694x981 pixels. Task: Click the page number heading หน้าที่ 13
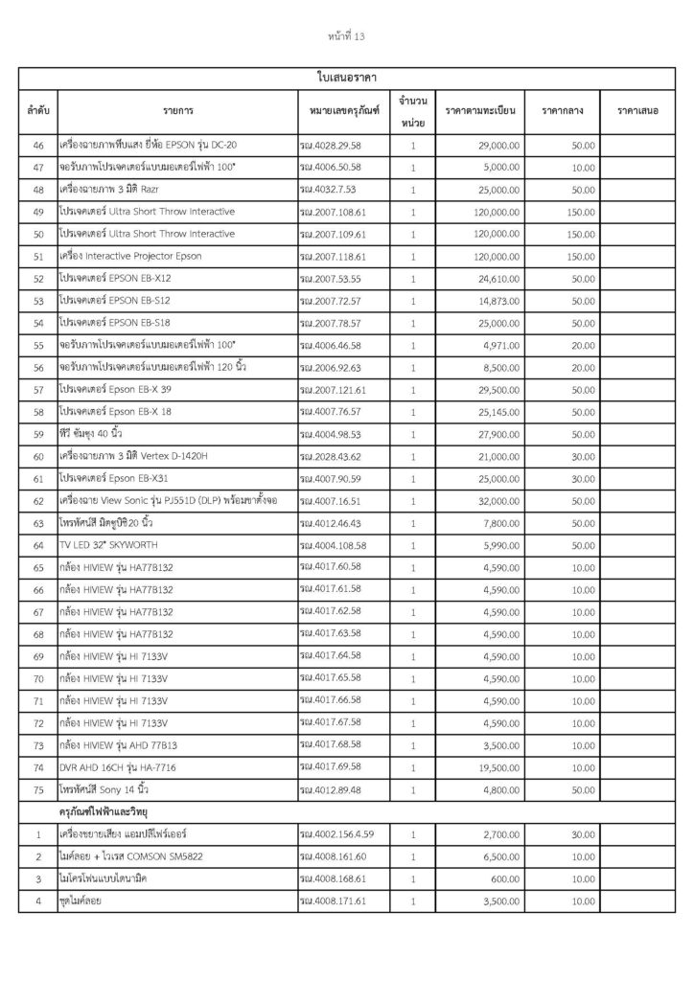[x=346, y=37]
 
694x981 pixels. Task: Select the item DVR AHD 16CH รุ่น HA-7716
[x=118, y=768]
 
